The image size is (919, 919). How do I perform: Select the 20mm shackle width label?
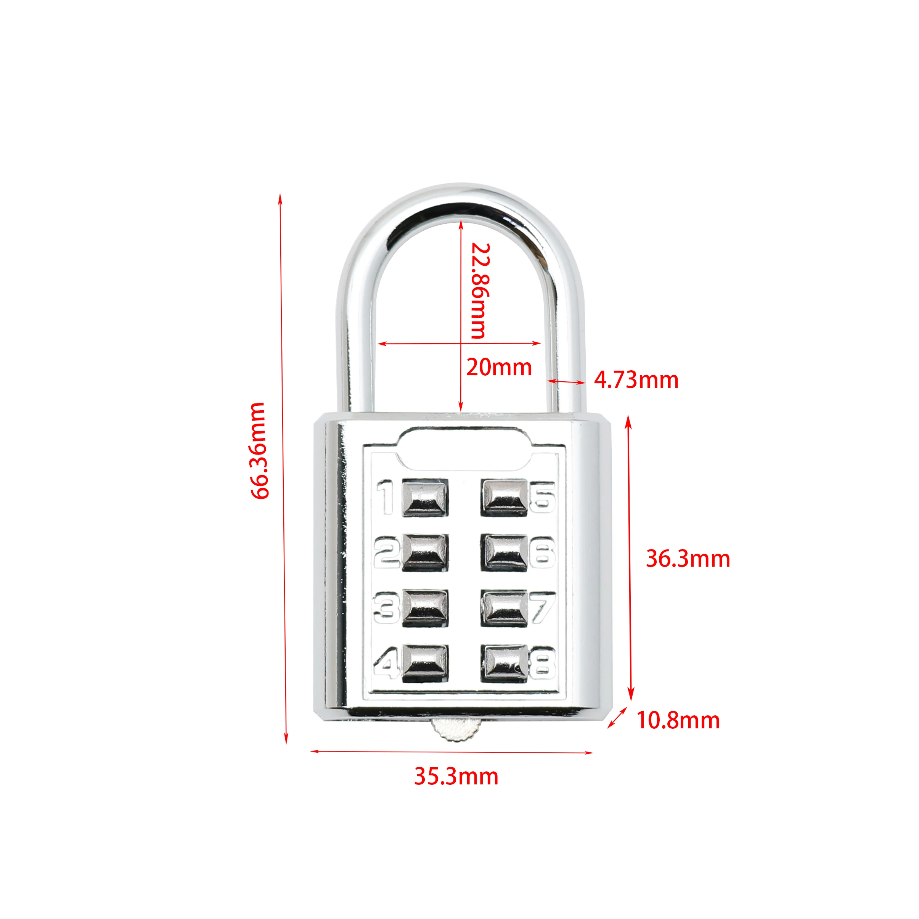click(498, 367)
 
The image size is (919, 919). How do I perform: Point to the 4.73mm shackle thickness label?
click(636, 380)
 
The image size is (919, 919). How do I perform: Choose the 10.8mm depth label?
click(678, 720)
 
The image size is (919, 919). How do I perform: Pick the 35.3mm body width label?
click(456, 776)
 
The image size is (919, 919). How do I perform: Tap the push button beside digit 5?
click(504, 498)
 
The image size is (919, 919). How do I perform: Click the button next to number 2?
click(425, 552)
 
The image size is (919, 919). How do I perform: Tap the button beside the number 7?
click(504, 608)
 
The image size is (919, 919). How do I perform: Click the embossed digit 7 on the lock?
click(542, 607)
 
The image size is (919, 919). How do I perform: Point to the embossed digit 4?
click(386, 663)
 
